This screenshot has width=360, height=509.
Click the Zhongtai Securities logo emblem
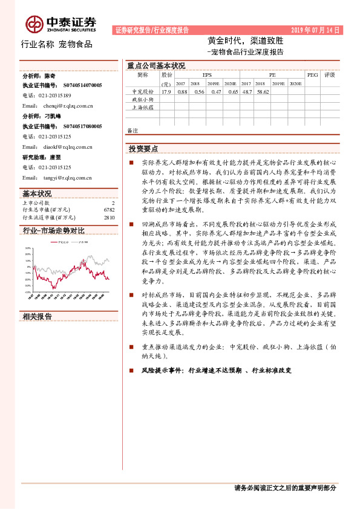coord(34,24)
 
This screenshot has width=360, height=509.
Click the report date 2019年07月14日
coord(316,30)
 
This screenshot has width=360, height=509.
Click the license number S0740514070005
coord(83,85)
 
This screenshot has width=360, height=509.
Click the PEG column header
coord(312,75)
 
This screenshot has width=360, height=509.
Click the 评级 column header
coord(330,75)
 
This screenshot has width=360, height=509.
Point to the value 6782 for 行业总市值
coord(109,210)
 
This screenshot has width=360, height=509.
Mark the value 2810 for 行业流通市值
coord(109,217)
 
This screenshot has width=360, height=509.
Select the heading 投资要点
coord(143,148)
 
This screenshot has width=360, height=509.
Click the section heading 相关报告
coord(37,316)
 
